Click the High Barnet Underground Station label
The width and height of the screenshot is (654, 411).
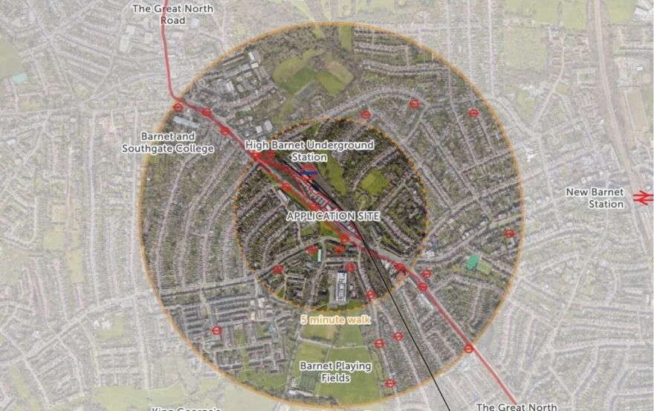310,151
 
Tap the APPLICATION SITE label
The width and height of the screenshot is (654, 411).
334,216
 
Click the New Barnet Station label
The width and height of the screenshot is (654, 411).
595,198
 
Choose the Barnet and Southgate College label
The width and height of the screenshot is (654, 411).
168,143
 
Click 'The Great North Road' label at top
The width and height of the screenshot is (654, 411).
172,14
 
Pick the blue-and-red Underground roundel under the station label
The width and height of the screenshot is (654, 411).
311,169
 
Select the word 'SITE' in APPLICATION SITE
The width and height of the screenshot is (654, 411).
366,216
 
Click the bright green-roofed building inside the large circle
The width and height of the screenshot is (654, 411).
472,262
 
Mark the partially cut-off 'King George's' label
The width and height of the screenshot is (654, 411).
187,408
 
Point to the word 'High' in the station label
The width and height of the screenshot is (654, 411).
259,146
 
